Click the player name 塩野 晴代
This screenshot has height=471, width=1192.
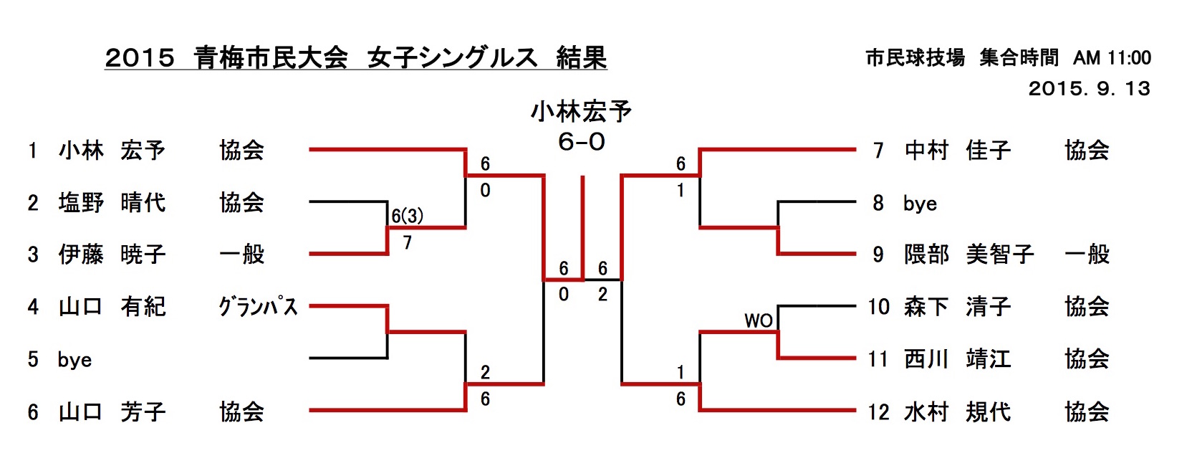pyautogui.click(x=112, y=203)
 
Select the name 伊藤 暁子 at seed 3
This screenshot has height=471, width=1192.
pyautogui.click(x=112, y=254)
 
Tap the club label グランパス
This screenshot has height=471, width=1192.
pyautogui.click(x=258, y=307)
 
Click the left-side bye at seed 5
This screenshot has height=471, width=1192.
pyautogui.click(x=74, y=360)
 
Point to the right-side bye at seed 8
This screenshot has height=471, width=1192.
pyautogui.click(x=920, y=204)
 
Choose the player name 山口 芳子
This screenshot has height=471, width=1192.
pyautogui.click(x=112, y=412)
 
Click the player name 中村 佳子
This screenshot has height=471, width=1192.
pyautogui.click(x=958, y=151)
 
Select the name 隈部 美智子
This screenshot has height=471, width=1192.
pyautogui.click(x=968, y=254)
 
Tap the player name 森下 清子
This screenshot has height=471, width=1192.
pyautogui.click(x=958, y=307)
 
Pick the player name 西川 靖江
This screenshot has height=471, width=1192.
pyautogui.click(x=958, y=359)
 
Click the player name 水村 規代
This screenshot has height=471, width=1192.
pyautogui.click(x=958, y=412)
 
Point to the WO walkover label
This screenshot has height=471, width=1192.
pyautogui.click(x=759, y=320)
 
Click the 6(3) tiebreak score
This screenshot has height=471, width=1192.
pyautogui.click(x=407, y=216)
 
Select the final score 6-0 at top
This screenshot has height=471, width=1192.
pyautogui.click(x=582, y=142)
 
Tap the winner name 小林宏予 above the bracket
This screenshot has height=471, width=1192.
pyautogui.click(x=581, y=112)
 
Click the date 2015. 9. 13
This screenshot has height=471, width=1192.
pyautogui.click(x=1089, y=89)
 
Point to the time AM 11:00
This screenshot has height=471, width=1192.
pyautogui.click(x=1112, y=58)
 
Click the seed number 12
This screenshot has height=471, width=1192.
pyautogui.click(x=878, y=412)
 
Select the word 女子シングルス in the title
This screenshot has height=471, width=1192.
pyautogui.click(x=452, y=58)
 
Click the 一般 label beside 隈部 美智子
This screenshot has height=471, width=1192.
pyautogui.click(x=1087, y=254)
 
